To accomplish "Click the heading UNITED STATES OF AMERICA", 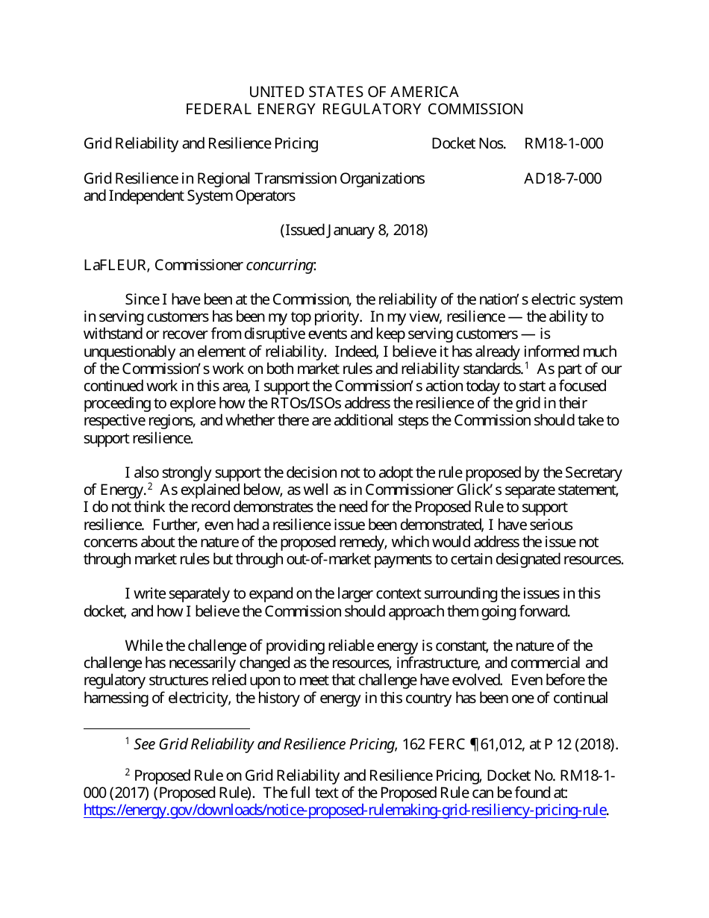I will [x=354, y=92].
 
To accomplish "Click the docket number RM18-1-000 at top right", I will [x=563, y=143].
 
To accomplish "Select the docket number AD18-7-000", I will [x=562, y=178].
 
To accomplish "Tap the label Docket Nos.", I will [x=468, y=143].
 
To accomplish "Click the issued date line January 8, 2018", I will [x=354, y=230].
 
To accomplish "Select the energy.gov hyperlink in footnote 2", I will [x=345, y=811].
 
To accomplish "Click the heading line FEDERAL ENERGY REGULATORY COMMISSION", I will [x=354, y=109].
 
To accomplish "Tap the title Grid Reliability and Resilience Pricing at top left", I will [x=201, y=143].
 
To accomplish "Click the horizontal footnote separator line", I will [x=166, y=728].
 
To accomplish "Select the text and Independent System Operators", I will [x=189, y=196].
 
